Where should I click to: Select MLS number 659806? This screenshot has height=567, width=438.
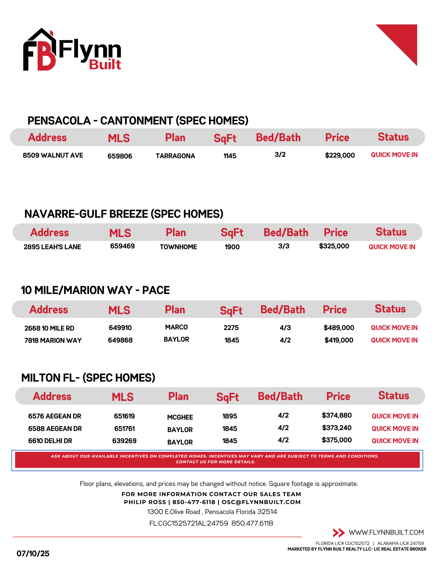click(120, 156)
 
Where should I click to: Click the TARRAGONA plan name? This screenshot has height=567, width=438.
click(175, 156)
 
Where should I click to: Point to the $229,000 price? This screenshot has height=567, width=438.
click(340, 155)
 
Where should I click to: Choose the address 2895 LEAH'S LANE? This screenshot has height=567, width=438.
click(52, 247)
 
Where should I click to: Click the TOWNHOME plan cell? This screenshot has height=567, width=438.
click(178, 247)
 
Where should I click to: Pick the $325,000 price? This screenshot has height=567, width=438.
click(334, 246)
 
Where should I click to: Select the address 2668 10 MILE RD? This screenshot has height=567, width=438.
click(49, 328)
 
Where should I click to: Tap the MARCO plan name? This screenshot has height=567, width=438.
click(176, 327)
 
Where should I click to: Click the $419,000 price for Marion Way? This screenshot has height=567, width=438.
click(339, 340)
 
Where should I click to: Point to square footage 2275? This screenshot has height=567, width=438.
click(231, 328)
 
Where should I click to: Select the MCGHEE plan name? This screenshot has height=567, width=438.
click(180, 417)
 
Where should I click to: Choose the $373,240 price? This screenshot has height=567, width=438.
click(337, 428)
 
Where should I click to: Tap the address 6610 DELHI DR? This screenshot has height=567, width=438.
click(50, 441)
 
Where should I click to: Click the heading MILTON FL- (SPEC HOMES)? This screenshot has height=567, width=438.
click(88, 378)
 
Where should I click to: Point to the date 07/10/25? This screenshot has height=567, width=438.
click(33, 553)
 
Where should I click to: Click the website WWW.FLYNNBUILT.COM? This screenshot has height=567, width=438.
click(386, 532)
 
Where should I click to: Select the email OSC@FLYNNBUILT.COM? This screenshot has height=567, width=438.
click(261, 502)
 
